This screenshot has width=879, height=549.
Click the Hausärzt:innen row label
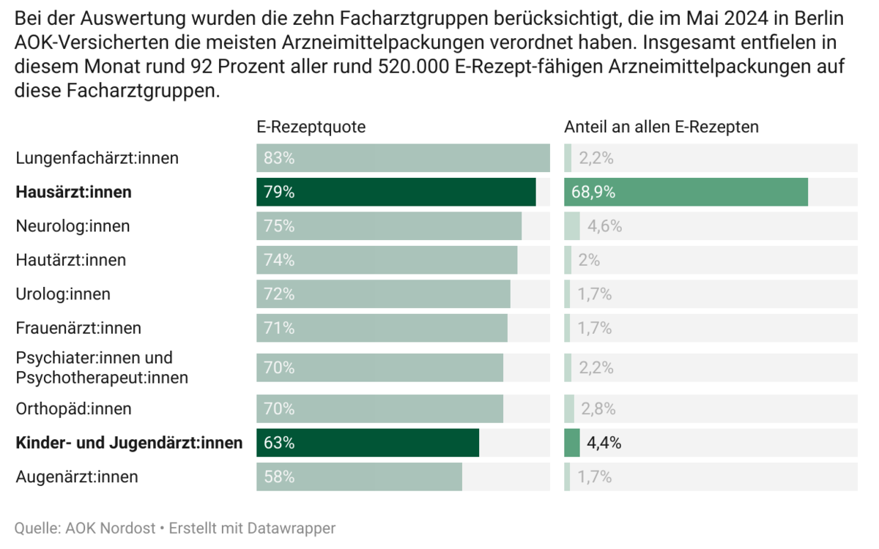click(x=74, y=193)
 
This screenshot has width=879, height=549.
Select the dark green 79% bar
click(x=396, y=193)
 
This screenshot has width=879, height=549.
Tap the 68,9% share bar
click(x=686, y=193)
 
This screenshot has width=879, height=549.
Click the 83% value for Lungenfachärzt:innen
click(x=279, y=158)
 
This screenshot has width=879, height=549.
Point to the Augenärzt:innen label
click(x=77, y=477)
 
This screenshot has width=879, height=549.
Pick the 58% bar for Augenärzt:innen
click(x=359, y=477)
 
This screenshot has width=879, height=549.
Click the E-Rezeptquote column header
click(x=311, y=127)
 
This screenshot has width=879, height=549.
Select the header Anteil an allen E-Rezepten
click(x=661, y=127)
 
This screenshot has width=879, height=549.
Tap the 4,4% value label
click(x=604, y=443)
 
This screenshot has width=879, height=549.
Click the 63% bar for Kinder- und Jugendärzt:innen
click(x=367, y=443)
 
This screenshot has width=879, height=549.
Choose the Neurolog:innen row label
click(x=73, y=226)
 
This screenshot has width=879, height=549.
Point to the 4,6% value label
click(x=604, y=226)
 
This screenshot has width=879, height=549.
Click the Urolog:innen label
click(x=63, y=294)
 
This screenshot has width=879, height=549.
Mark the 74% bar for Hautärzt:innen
click(x=387, y=260)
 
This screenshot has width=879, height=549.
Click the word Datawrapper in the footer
click(x=292, y=528)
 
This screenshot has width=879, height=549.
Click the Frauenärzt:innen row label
click(x=78, y=328)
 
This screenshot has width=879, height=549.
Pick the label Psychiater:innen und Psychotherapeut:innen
click(x=102, y=367)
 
